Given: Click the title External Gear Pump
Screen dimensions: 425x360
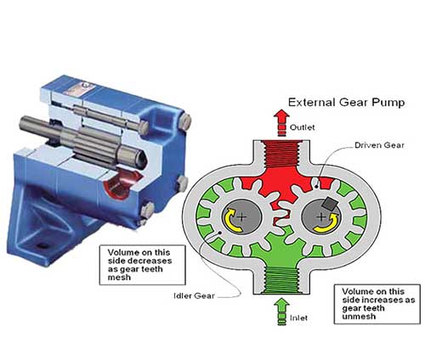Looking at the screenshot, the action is pyautogui.click(x=346, y=103).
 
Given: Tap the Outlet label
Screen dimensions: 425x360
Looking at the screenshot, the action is pyautogui.click(x=302, y=127).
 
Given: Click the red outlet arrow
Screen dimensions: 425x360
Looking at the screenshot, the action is pyautogui.click(x=281, y=122).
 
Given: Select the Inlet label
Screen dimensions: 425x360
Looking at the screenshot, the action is pyautogui.click(x=298, y=318).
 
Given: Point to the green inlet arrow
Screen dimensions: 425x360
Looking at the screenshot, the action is pyautogui.click(x=281, y=312).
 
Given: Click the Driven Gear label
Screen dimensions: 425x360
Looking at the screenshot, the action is pyautogui.click(x=379, y=145).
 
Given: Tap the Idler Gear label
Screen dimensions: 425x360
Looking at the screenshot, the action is pyautogui.click(x=194, y=296).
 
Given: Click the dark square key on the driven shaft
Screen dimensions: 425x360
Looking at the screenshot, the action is pyautogui.click(x=330, y=203).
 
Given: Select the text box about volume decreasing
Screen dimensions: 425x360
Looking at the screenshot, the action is pyautogui.click(x=142, y=265).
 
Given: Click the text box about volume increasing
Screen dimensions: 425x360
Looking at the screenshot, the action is pyautogui.click(x=377, y=304).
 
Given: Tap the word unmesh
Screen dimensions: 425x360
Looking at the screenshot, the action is pyautogui.click(x=359, y=316).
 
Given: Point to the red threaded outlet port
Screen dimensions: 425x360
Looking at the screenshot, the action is pyautogui.click(x=281, y=155).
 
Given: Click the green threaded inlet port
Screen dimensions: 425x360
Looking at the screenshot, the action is pyautogui.click(x=281, y=280).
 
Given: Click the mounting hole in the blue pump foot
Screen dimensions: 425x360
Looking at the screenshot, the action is pyautogui.click(x=42, y=245).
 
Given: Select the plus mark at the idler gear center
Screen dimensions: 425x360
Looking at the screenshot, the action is pyautogui.click(x=241, y=217).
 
